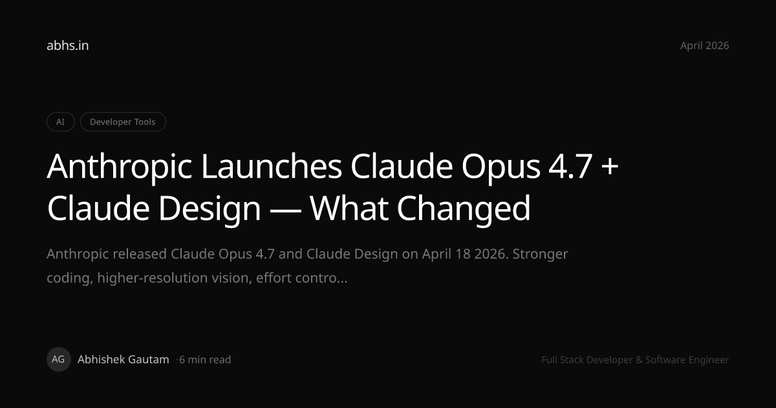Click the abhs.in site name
pyautogui.click(x=67, y=45)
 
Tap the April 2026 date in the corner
pyautogui.click(x=704, y=46)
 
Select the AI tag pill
pyautogui.click(x=61, y=122)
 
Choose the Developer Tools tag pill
pyautogui.click(x=123, y=122)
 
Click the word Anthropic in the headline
pyautogui.click(x=120, y=167)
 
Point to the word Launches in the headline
pyautogui.click(x=272, y=166)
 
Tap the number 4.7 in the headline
pyautogui.click(x=570, y=167)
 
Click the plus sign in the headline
pyautogui.click(x=610, y=167)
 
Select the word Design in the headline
pyautogui.click(x=210, y=209)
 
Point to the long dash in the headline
pyautogui.click(x=285, y=209)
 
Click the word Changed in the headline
pyautogui.click(x=464, y=209)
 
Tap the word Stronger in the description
pyautogui.click(x=540, y=255)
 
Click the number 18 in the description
pyautogui.click(x=463, y=254)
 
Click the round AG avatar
pyautogui.click(x=59, y=359)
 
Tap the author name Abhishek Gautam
pyautogui.click(x=124, y=359)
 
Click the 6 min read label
pyautogui.click(x=205, y=360)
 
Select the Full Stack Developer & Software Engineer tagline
pyautogui.click(x=635, y=360)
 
